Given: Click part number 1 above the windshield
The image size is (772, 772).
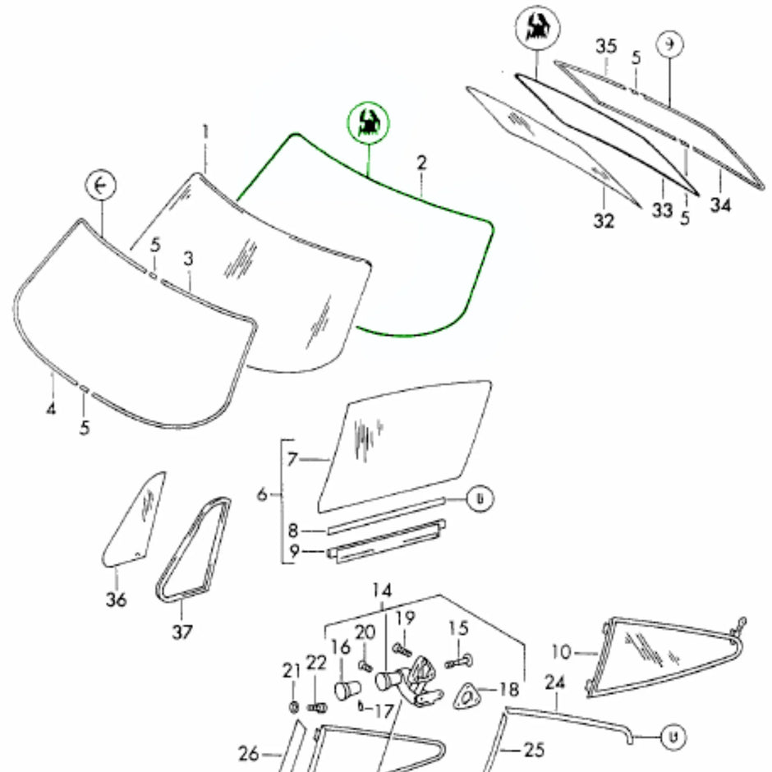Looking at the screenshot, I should point(206,131).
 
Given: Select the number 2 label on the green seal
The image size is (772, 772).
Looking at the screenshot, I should point(421,163).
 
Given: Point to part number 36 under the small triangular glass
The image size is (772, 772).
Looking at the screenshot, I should point(116,600).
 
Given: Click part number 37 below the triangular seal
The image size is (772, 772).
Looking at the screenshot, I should point(182,631).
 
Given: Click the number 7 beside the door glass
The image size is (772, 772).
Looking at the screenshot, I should point(292,460).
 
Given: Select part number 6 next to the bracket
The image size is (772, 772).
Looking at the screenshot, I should point(263,494).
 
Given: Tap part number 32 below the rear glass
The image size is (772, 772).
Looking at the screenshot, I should point(604,221).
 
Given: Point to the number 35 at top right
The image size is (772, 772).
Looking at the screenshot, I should point(606,46).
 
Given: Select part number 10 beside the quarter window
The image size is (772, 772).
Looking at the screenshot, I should point(561,653).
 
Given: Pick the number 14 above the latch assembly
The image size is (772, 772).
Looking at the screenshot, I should point(382,591).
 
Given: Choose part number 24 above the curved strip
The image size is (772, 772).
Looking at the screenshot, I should point(556,682).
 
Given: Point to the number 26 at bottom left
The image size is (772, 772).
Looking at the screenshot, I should point(249,752).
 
